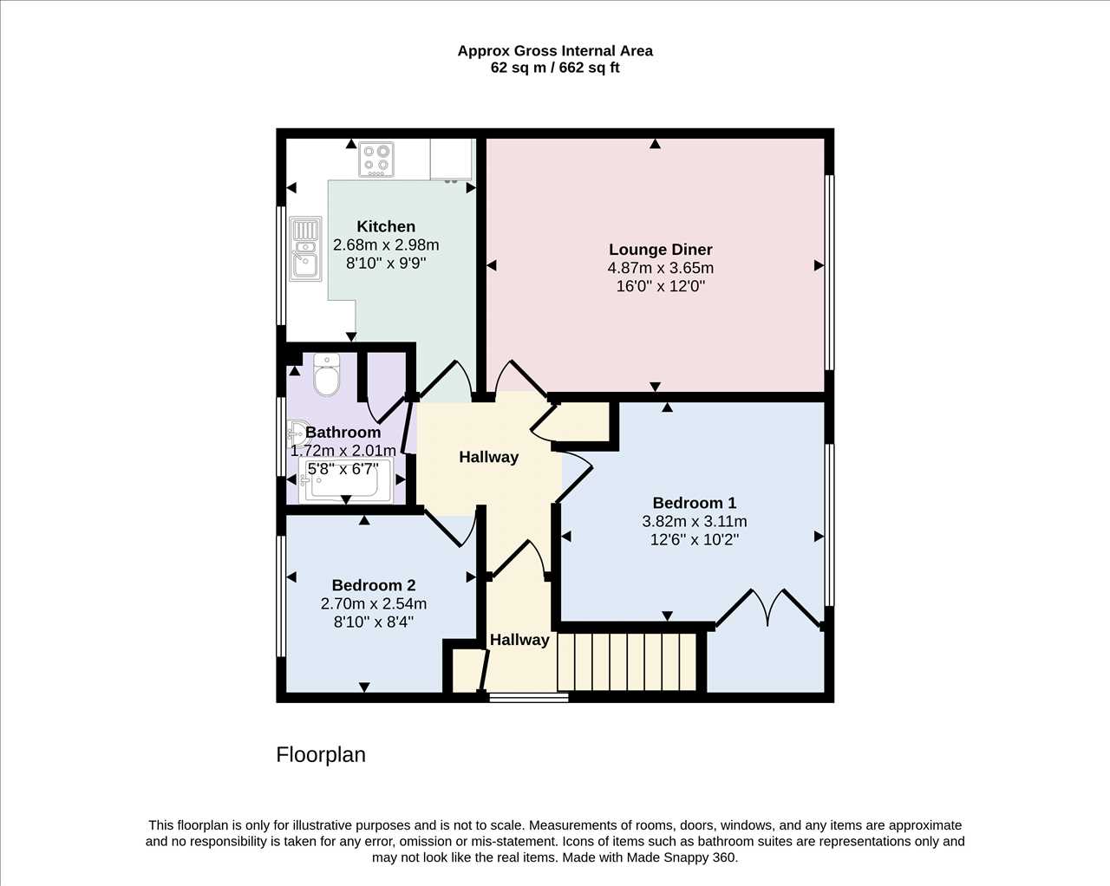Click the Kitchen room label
pyautogui.click(x=386, y=226)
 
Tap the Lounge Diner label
pyautogui.click(x=660, y=250)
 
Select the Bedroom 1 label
pyautogui.click(x=695, y=503)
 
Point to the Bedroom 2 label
pyautogui.click(x=374, y=585)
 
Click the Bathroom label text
pyautogui.click(x=343, y=433)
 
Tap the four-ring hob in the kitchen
pyautogui.click(x=376, y=160)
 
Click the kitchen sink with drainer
pyautogui.click(x=305, y=249)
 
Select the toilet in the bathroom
pyautogui.click(x=327, y=375)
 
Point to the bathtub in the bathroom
pyautogui.click(x=346, y=480)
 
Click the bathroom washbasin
pyautogui.click(x=297, y=433)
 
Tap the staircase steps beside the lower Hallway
pyautogui.click(x=627, y=661)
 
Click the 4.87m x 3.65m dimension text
pyautogui.click(x=660, y=268)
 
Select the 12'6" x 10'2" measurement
pyautogui.click(x=695, y=540)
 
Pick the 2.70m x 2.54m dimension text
pyautogui.click(x=374, y=604)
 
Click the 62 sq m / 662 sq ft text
pyautogui.click(x=555, y=68)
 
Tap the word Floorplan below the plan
pyautogui.click(x=321, y=754)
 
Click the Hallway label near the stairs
pyautogui.click(x=519, y=640)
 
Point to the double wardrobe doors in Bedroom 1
pyautogui.click(x=768, y=608)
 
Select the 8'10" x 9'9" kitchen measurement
pyautogui.click(x=386, y=264)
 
